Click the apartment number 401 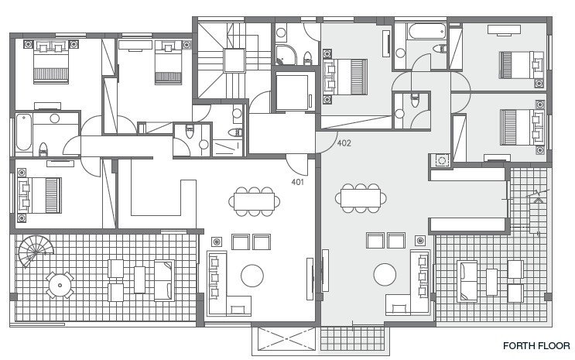(x=297, y=182)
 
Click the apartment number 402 (x=344, y=143)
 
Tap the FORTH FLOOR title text (x=536, y=346)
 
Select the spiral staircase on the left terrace (x=36, y=252)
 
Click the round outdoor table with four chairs (x=60, y=285)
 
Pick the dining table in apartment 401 (x=254, y=201)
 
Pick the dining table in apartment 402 (x=361, y=198)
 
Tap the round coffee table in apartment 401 (x=252, y=276)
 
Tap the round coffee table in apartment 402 (x=385, y=275)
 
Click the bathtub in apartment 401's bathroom (x=24, y=132)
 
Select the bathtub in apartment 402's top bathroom (x=426, y=31)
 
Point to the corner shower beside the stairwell (x=286, y=55)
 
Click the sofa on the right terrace (x=467, y=281)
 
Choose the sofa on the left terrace (x=164, y=280)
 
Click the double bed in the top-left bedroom (x=51, y=62)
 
